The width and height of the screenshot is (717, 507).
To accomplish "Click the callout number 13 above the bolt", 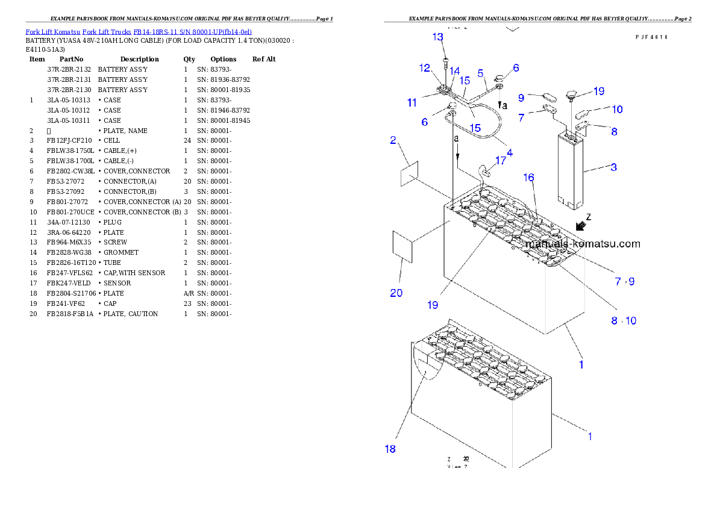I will [437, 37].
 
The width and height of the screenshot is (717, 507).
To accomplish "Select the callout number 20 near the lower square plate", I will [396, 293].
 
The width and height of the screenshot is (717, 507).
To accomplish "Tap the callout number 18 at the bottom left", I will [390, 449].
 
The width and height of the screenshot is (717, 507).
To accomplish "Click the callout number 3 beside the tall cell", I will [613, 167].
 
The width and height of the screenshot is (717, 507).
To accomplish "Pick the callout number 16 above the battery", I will [528, 177].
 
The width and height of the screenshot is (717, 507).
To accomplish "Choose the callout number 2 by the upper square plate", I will [393, 141].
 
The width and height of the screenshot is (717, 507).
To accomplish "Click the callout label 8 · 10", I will [624, 321].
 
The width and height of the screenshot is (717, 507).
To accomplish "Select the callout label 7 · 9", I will [624, 281].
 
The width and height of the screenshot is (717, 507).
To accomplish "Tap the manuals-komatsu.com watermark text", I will [583, 244].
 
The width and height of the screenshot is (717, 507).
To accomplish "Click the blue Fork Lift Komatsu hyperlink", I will [139, 31].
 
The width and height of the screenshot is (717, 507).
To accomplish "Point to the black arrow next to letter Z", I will [581, 226].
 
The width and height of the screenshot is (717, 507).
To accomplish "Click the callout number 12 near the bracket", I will [425, 67].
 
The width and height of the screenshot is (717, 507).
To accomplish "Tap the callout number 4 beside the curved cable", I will [510, 153].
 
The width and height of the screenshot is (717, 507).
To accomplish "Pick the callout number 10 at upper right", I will [617, 110].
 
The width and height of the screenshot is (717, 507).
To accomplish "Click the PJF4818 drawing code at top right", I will [651, 37].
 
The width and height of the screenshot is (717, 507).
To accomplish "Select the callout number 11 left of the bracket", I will [412, 103].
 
